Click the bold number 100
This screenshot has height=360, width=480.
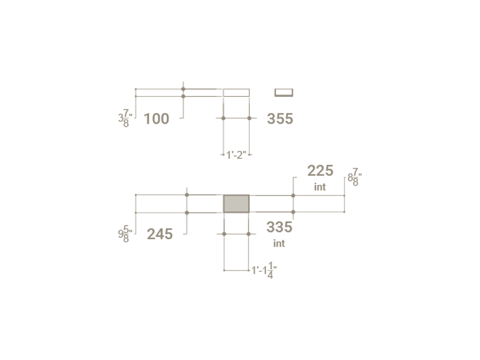(x=156, y=119)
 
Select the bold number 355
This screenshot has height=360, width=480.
(x=280, y=119)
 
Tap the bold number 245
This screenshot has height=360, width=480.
(x=160, y=234)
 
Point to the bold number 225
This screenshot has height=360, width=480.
(x=320, y=171)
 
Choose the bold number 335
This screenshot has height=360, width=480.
(x=279, y=227)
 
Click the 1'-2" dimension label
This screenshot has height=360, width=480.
(x=236, y=155)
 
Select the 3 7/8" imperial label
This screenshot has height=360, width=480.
(x=125, y=118)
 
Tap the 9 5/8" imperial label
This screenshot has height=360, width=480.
(x=125, y=234)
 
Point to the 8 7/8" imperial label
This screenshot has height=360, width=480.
(x=355, y=177)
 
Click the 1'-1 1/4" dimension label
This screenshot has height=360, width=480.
(x=264, y=270)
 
